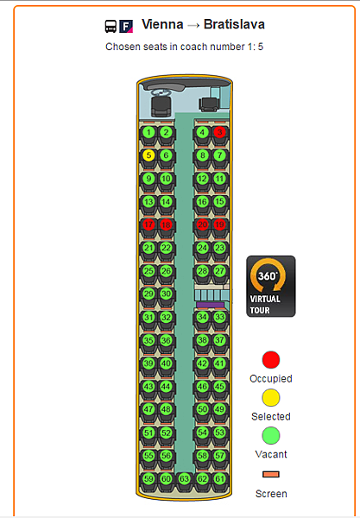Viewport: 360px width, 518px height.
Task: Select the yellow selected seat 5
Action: (148, 155)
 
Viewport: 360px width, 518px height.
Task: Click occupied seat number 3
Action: (219, 132)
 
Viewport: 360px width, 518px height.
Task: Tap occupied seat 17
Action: (148, 224)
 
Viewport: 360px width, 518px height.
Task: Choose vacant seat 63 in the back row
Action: (184, 478)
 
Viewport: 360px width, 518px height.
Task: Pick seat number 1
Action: (148, 132)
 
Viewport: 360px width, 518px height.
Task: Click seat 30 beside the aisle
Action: (166, 294)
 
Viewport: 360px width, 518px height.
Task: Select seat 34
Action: (202, 317)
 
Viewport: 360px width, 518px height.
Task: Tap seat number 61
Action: (219, 478)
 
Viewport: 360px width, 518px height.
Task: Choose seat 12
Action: (202, 179)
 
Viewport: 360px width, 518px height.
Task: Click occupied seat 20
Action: (202, 224)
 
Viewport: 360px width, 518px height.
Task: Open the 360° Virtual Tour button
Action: (271, 286)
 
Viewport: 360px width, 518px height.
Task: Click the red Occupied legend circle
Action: (271, 359)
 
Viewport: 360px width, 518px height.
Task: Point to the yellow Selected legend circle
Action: (271, 397)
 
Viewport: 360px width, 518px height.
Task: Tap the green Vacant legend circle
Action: (271, 435)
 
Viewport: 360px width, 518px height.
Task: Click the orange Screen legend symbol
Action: (271, 474)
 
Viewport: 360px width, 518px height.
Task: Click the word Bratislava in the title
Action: (234, 24)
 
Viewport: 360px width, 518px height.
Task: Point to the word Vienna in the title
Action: (162, 24)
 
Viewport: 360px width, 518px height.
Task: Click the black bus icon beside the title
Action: (111, 27)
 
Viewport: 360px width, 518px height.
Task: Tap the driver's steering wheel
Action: (161, 92)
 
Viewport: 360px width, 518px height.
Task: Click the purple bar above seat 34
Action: (211, 305)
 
